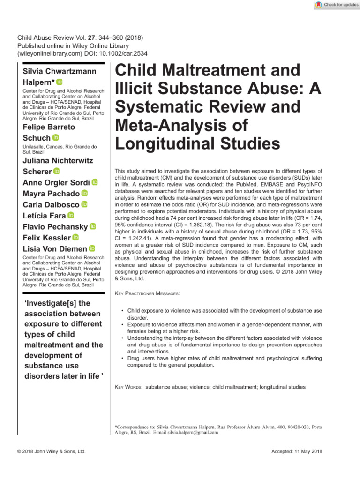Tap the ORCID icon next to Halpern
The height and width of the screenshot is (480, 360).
pyautogui.click(x=59, y=82)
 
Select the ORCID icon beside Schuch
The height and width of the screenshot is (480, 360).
pyautogui.click(x=55, y=137)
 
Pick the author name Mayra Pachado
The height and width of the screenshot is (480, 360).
pyautogui.click(x=51, y=193)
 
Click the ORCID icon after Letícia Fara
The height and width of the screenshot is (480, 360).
pyautogui.click(x=71, y=216)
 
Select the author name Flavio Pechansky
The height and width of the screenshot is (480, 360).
pyautogui.click(x=55, y=227)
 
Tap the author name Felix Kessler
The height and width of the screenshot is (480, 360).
pyautogui.click(x=47, y=238)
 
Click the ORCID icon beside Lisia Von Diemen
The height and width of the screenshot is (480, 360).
pyautogui.click(x=92, y=249)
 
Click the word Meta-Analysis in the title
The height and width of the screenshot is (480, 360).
pyautogui.click(x=174, y=125)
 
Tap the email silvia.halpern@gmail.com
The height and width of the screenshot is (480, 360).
pyautogui.click(x=192, y=433)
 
